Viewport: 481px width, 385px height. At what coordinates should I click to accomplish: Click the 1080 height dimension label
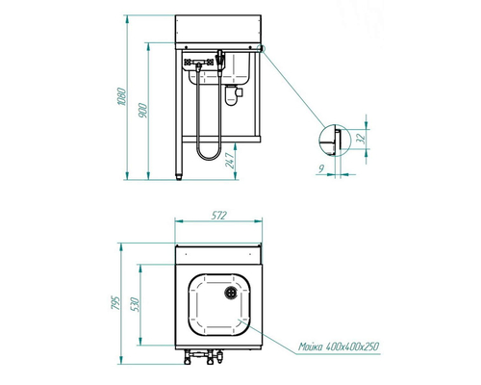[x=122, y=96]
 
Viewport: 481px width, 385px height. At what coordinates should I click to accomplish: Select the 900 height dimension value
[x=143, y=111]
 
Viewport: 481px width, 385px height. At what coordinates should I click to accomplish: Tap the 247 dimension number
[x=230, y=161]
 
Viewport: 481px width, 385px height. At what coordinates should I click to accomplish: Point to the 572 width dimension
[x=219, y=216]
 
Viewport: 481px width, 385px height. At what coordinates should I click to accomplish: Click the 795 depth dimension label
[x=115, y=303]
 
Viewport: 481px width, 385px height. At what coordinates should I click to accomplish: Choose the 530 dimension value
[x=135, y=305]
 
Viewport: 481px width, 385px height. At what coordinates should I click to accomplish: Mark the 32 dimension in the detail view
[x=361, y=139]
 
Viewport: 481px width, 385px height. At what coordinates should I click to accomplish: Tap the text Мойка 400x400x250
[x=339, y=346]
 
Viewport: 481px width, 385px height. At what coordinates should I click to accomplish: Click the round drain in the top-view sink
[x=231, y=293]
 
